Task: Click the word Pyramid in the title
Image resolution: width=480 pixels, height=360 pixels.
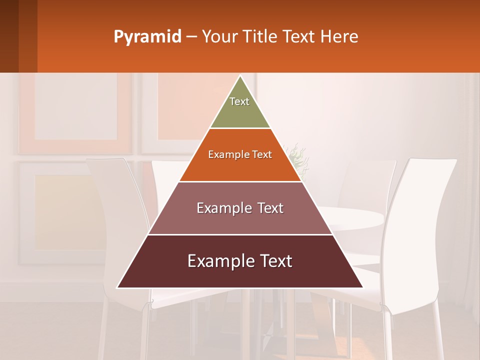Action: click(147, 37)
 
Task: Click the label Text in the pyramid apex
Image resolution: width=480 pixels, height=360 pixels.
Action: click(239, 101)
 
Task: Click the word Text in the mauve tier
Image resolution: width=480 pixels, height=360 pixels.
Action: click(267, 208)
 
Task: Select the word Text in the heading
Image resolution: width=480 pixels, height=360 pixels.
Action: click(299, 37)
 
